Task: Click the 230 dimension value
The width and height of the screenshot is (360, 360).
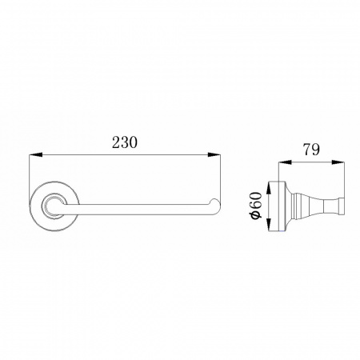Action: [125, 142]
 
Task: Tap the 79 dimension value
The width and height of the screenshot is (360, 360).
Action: [311, 150]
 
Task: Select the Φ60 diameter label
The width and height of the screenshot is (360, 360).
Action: [256, 206]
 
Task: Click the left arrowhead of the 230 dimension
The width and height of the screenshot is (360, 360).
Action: [35, 154]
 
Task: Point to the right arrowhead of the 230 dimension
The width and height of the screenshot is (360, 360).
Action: [214, 154]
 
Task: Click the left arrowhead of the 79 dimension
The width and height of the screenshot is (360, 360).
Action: [285, 162]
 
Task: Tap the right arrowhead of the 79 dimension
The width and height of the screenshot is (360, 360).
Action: [338, 162]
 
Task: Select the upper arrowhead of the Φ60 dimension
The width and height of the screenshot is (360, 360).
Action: [269, 188]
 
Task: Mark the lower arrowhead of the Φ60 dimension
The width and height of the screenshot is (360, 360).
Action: [269, 223]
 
